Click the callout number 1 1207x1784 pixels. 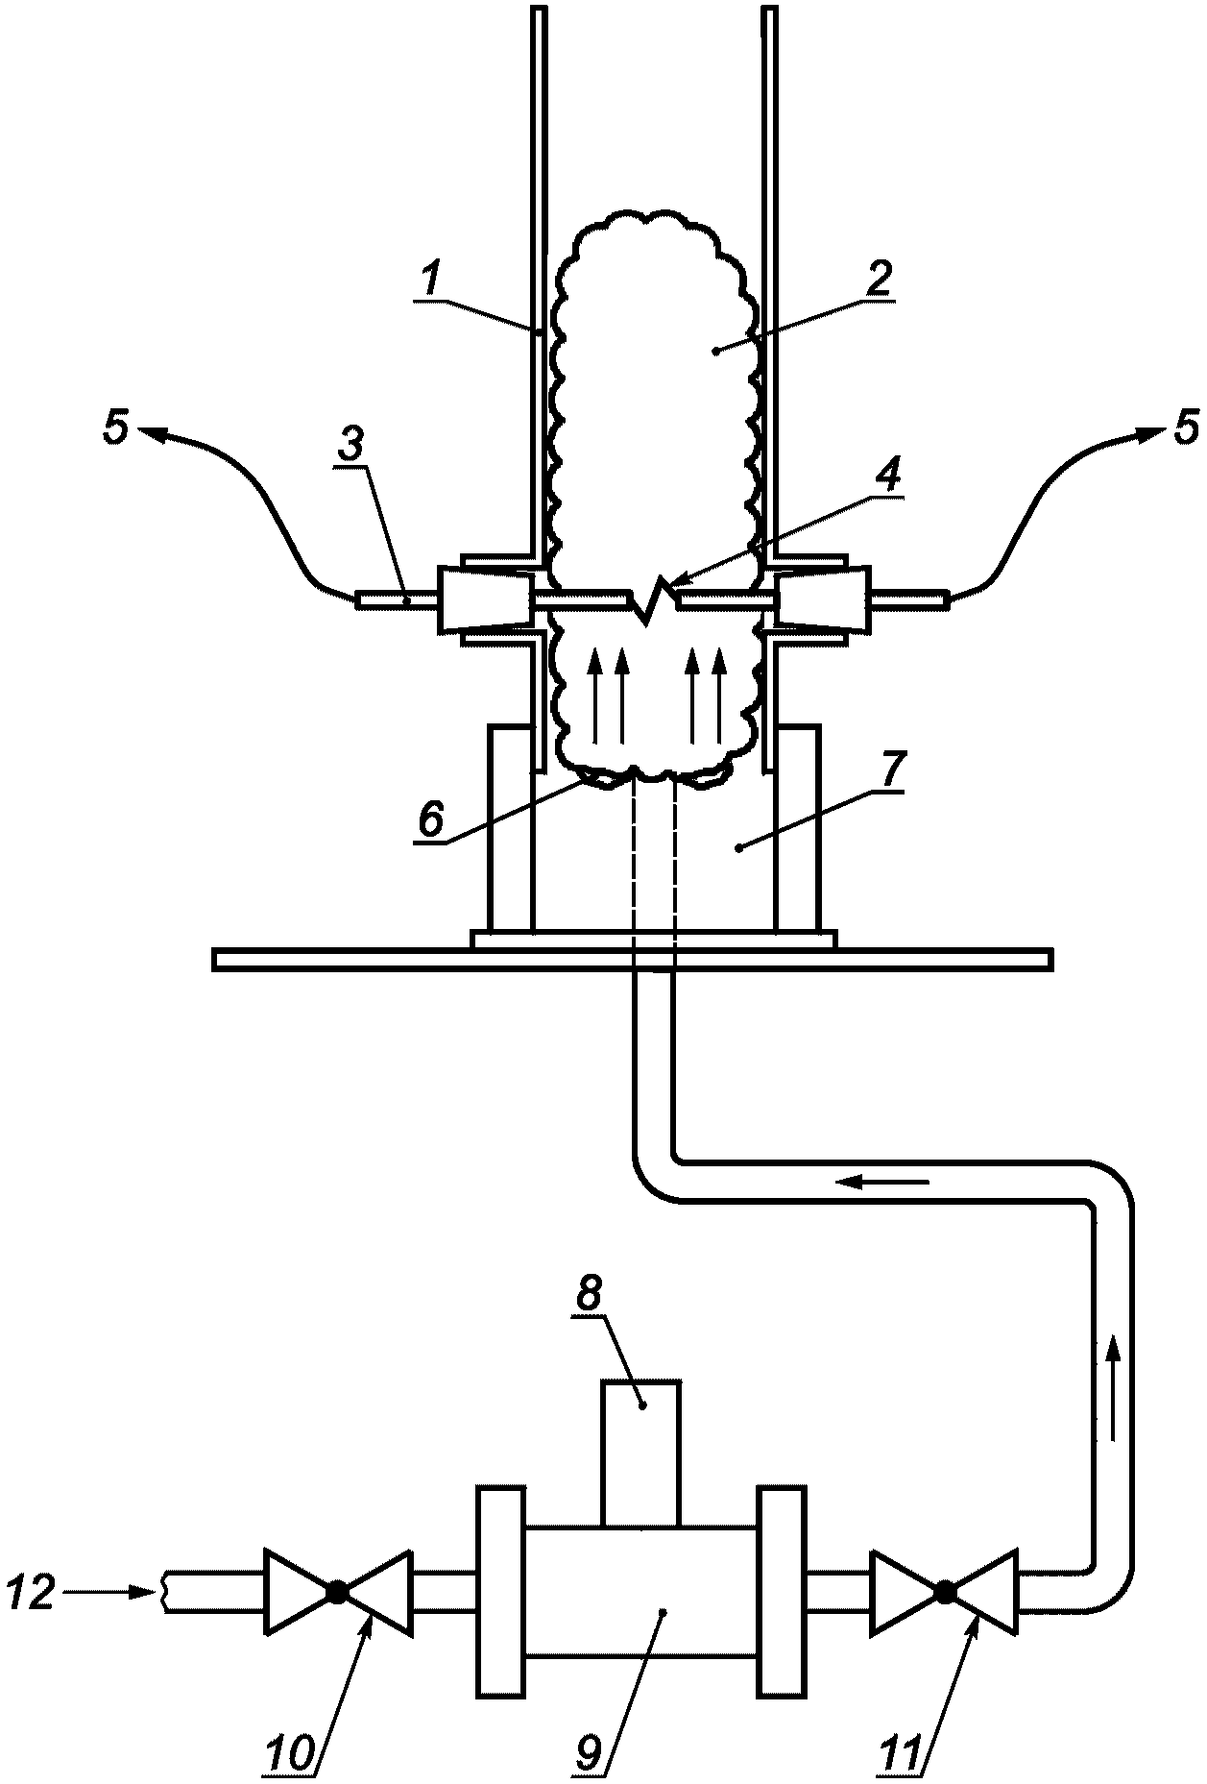[431, 279]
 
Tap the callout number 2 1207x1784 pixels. [878, 278]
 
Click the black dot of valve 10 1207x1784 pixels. [337, 1592]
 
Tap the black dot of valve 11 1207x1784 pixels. [944, 1592]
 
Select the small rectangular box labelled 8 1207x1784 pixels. [640, 1454]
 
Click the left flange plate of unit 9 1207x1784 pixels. [500, 1591]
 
